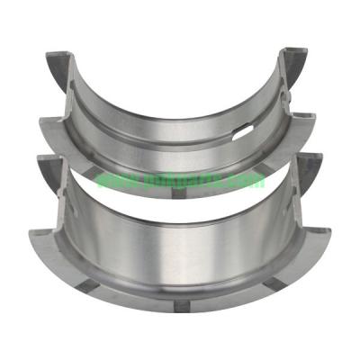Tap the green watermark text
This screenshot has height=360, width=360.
click(180, 179)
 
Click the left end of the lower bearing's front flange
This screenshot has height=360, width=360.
click(31, 236)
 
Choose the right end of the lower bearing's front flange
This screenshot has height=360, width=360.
click(330, 236)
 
